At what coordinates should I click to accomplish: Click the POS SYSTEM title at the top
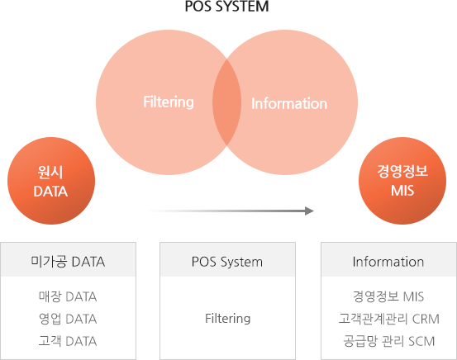226,7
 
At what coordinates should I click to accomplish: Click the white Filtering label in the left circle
169,102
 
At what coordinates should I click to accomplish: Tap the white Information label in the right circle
289,103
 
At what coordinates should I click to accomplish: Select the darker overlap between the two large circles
226,102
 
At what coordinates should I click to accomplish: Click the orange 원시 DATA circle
51,181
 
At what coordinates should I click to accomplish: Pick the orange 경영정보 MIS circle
402,181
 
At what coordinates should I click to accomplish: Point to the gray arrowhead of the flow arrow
309,211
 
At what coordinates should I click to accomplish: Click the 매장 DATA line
68,296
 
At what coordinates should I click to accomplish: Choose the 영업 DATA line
68,319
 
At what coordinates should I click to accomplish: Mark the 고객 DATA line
68,341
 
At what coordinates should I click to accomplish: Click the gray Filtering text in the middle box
227,319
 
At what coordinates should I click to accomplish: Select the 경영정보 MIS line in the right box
388,296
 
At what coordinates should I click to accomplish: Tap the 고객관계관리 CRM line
388,319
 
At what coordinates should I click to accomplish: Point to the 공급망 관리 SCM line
388,341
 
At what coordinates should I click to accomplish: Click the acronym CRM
426,320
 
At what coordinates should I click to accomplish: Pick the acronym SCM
421,341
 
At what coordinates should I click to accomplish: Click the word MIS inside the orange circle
402,191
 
